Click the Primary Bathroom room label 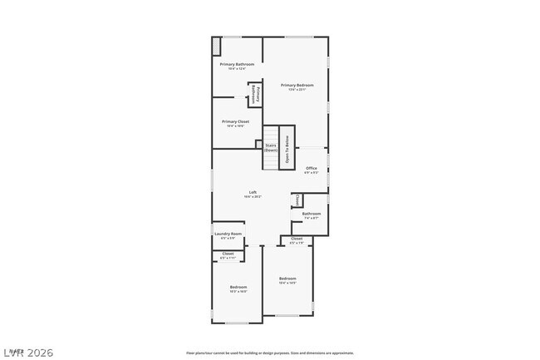[x=237, y=64]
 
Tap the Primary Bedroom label [x=297, y=85]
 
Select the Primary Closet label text [x=235, y=121]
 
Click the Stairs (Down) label [x=271, y=148]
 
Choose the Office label [x=312, y=168]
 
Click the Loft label [x=253, y=192]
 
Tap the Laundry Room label [x=228, y=234]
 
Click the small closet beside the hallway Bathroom [x=297, y=200]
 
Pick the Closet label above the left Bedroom [x=228, y=254]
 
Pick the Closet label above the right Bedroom [x=297, y=239]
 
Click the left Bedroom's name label [x=238, y=287]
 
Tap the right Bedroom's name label [x=287, y=278]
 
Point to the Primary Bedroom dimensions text [x=297, y=90]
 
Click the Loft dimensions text [x=253, y=197]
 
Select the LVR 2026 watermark [x=27, y=353]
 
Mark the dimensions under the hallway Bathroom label [x=312, y=218]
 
